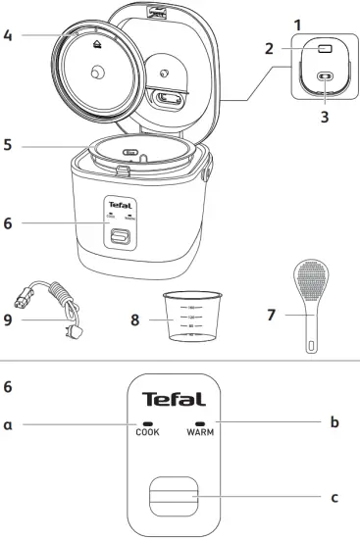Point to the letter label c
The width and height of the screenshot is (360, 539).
[x=334, y=498]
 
